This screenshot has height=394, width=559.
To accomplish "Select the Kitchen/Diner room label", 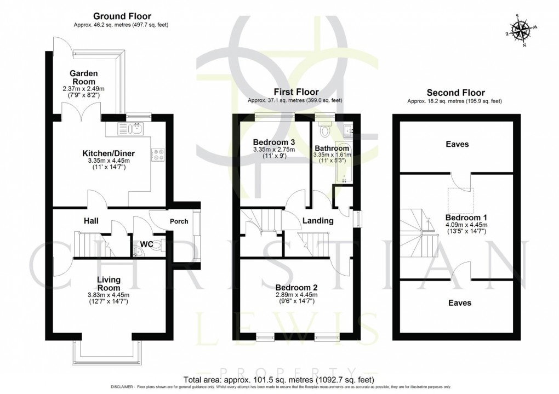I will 109,153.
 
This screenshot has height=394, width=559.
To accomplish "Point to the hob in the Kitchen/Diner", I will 158,155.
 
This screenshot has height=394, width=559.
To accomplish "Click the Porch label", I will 179,221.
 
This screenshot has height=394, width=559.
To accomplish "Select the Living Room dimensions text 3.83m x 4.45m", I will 109,294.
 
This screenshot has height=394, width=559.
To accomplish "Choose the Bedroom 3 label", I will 273,142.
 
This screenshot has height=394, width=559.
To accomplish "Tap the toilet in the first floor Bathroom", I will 325,130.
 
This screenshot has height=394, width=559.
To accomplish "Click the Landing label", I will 318,221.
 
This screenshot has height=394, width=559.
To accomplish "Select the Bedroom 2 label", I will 296,287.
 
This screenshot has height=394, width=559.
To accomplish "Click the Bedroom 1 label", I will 465,216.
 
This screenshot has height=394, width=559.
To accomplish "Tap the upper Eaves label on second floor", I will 457,144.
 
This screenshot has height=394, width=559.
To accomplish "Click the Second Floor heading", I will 454,93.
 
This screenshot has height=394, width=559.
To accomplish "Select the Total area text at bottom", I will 279,379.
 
